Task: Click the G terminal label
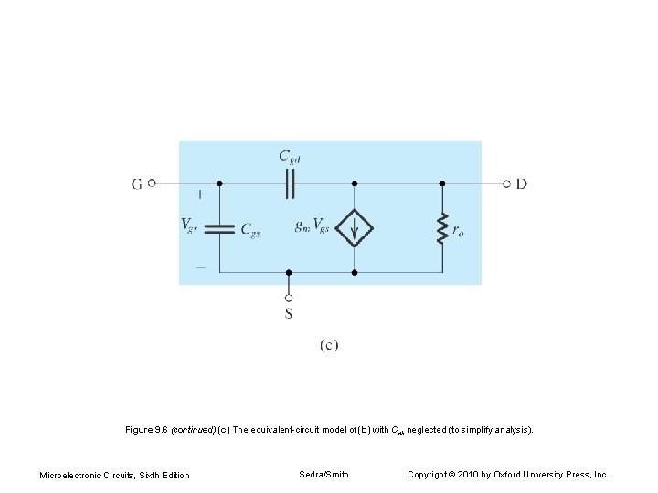tap(137, 184)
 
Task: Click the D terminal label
tap(521, 184)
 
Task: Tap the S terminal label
tap(289, 314)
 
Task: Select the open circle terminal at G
tap(153, 184)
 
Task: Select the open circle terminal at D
tap(506, 184)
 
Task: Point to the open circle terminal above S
tap(289, 297)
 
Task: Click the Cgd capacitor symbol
tap(290, 184)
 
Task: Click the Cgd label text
tap(290, 156)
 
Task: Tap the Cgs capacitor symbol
tap(219, 227)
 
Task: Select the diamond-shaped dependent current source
tap(355, 227)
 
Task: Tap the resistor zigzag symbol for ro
tap(442, 228)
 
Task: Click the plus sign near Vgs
tap(199, 194)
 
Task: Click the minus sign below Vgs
tap(199, 267)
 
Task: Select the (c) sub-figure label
tap(329, 345)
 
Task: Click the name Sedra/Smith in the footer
tap(324, 474)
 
